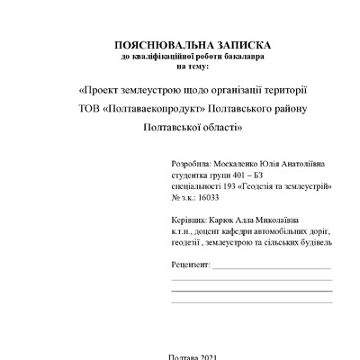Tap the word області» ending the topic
(218, 129)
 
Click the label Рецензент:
(189, 266)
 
